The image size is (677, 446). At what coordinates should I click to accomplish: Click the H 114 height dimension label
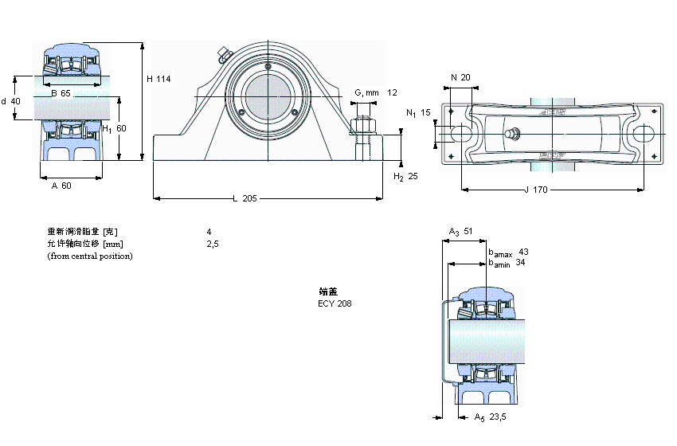point(159,79)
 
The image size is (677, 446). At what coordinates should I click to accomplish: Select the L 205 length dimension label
point(245,198)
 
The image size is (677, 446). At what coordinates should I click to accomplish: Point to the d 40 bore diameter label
point(11,101)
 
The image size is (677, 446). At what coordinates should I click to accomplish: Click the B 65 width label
point(61,94)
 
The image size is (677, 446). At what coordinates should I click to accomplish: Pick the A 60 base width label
point(61,186)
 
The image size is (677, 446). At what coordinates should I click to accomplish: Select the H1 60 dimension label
point(114,128)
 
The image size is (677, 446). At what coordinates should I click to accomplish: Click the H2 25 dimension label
point(405,176)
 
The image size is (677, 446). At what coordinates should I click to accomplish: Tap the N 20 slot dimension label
point(460,77)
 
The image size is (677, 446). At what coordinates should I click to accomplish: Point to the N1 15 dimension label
point(418,113)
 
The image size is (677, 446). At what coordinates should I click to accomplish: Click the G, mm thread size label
point(366,93)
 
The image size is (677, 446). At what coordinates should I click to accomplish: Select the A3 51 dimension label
point(461,232)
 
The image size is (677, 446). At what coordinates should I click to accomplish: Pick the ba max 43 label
point(508,252)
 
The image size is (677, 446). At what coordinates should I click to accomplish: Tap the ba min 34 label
point(507,262)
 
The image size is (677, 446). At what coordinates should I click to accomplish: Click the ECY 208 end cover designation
point(335,303)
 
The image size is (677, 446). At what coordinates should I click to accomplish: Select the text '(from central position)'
point(90,256)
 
